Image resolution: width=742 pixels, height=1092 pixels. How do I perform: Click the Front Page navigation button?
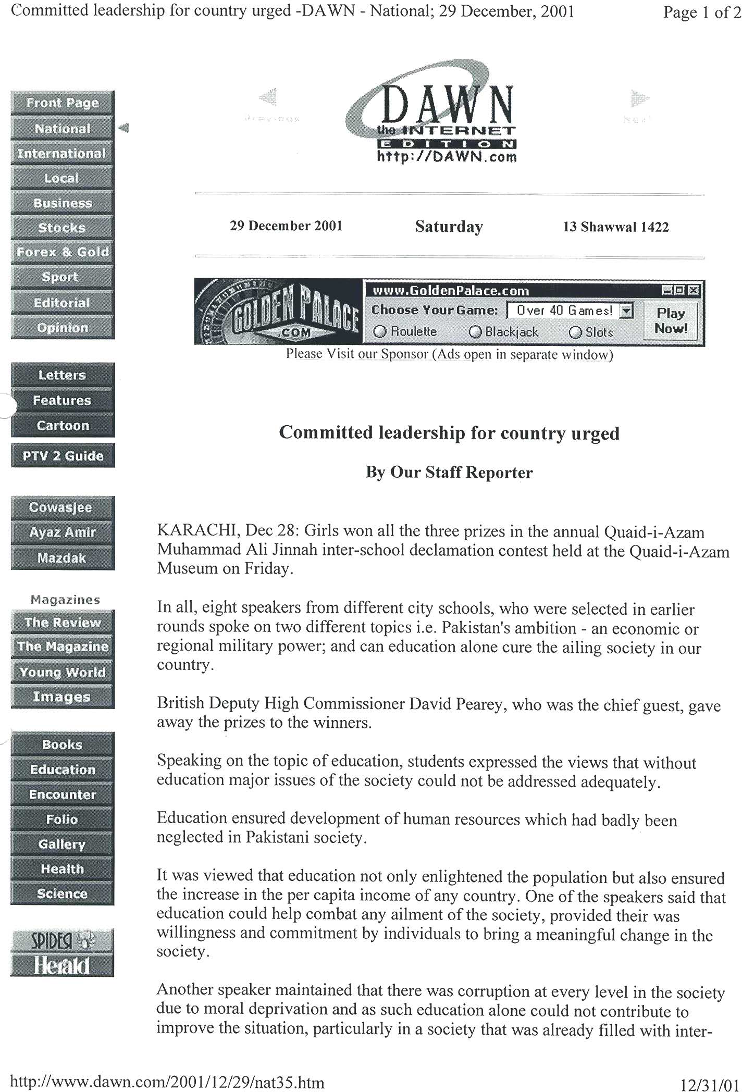point(62,103)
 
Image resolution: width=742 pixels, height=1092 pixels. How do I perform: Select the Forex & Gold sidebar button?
point(62,252)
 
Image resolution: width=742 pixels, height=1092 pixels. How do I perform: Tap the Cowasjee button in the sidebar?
point(62,507)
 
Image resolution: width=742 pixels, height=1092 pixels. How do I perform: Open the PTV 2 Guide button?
point(63,456)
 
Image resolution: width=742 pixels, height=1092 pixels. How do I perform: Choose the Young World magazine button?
point(62,672)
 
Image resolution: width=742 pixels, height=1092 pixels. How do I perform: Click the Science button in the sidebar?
point(62,894)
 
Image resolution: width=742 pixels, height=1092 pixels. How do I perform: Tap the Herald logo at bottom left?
point(62,966)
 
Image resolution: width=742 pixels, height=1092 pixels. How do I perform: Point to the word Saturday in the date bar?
point(449,227)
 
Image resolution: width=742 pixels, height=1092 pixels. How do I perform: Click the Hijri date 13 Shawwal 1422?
point(615,227)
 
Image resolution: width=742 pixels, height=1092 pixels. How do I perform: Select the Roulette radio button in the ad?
point(380,332)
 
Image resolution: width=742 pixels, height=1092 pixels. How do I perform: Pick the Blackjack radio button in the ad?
point(475,332)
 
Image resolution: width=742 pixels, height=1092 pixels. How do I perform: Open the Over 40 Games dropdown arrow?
point(627,311)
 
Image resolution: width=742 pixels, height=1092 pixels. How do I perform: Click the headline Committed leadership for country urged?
point(449,433)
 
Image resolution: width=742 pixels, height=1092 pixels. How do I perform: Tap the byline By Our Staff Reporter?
point(449,473)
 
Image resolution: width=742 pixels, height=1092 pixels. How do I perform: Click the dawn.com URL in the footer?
point(167,1082)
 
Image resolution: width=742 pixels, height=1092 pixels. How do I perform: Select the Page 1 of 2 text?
point(701,13)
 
